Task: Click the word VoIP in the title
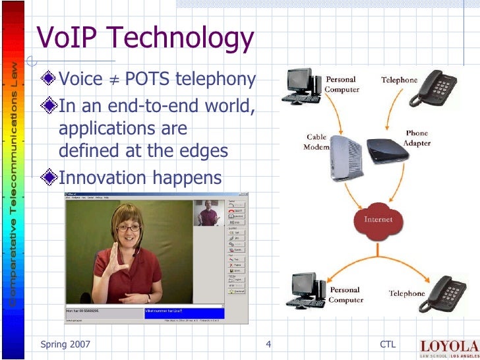point(63,39)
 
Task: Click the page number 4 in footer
point(268,345)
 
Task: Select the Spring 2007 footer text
point(65,345)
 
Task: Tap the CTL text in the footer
point(388,345)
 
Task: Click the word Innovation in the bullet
point(102,178)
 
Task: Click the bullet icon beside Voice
point(49,80)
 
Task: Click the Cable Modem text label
point(316,142)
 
